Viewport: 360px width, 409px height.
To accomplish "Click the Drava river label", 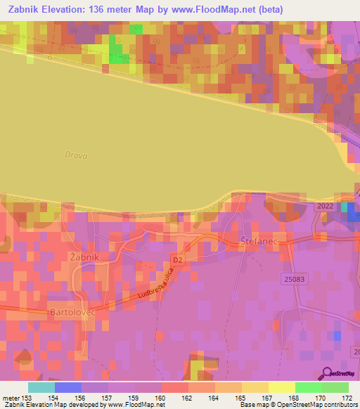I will coord(75,155).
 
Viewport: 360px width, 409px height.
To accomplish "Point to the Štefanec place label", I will coord(260,240).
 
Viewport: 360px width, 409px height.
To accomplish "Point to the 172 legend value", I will coord(347,398).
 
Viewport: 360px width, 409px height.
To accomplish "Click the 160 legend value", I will coord(162,398).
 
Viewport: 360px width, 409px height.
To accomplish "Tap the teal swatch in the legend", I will coord(41,387).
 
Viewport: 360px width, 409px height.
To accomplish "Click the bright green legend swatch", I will coord(308,387).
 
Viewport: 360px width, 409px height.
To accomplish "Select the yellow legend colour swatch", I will coord(281,387).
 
